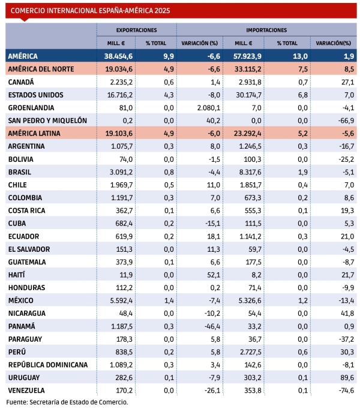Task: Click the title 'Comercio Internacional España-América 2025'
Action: (90, 10)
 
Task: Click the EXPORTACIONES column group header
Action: (137, 29)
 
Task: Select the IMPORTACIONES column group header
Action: (266, 29)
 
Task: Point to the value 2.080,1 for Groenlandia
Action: (205, 108)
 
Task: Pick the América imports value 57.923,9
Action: (245, 56)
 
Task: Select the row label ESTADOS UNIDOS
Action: (36, 95)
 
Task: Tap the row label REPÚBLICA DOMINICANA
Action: (48, 364)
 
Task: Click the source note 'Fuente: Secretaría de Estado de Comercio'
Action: (67, 402)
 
